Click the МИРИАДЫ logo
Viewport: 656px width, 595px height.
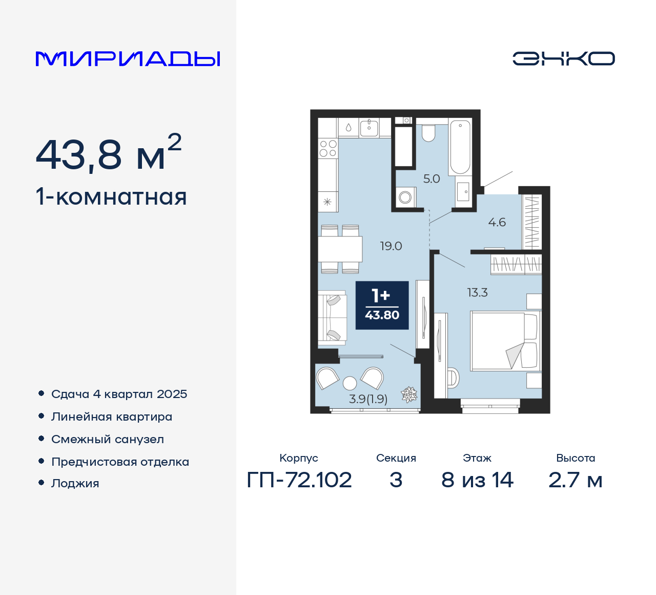(128, 59)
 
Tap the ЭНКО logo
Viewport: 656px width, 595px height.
(563, 58)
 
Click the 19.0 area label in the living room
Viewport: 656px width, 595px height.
(391, 246)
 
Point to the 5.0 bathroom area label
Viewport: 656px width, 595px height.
(432, 179)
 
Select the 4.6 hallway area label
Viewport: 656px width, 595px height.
(497, 223)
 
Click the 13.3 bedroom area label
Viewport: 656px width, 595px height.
(477, 293)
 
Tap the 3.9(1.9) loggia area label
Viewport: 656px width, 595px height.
(368, 399)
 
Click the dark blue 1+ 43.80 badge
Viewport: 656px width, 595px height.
(382, 305)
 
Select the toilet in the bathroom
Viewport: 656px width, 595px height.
(428, 133)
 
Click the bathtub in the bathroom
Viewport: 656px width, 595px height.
(460, 147)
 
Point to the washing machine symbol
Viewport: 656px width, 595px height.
(405, 196)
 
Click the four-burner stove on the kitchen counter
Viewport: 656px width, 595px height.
(328, 148)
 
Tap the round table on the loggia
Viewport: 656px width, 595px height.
(350, 383)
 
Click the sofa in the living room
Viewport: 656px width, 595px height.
(332, 316)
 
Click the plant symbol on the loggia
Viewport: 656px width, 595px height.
(409, 394)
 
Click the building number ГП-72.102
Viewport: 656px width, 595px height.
(299, 480)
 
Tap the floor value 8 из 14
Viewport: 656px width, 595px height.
(477, 480)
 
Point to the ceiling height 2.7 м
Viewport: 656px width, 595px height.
(575, 480)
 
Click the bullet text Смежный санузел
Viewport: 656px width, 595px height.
(108, 440)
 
